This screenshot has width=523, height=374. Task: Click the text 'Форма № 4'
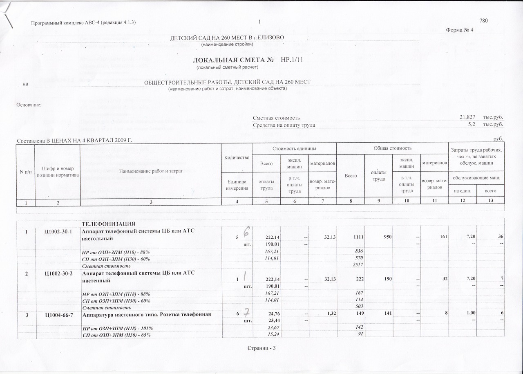(x=460, y=30)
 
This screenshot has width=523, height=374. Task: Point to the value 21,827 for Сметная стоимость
(x=467, y=118)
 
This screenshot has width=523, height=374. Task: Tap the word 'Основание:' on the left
(x=28, y=105)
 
